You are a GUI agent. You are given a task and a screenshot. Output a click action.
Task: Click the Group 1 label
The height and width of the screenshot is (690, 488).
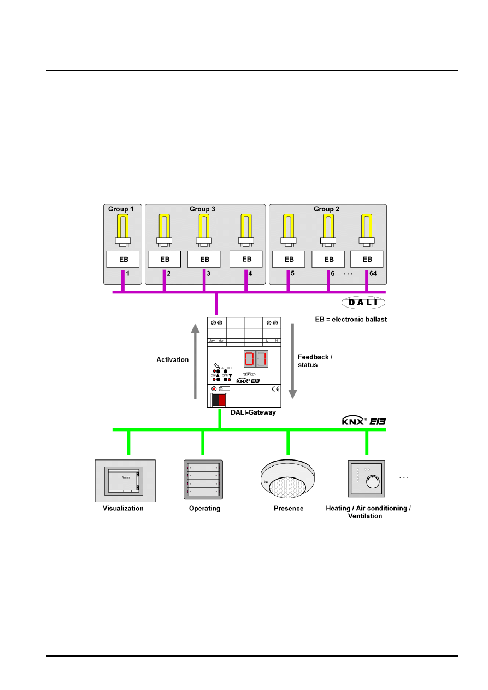point(121,209)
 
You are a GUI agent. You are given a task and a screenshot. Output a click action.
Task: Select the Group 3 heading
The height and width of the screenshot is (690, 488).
point(202,209)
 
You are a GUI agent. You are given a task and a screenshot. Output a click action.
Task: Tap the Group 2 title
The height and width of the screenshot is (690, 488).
point(327,209)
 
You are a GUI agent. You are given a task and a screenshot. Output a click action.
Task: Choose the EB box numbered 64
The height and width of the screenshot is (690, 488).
point(367,259)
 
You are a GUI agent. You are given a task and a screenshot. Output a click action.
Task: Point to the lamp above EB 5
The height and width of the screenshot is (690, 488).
point(289,229)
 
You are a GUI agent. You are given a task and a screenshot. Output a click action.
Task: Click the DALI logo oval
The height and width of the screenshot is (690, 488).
point(363,302)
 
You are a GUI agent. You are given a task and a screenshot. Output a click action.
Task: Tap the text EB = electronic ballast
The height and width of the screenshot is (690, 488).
point(351,319)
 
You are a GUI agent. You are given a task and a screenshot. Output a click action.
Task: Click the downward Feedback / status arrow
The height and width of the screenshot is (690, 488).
point(293,361)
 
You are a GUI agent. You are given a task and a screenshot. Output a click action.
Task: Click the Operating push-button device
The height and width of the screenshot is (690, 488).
point(203,479)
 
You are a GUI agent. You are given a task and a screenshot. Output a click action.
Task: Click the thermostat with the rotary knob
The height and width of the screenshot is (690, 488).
point(366,479)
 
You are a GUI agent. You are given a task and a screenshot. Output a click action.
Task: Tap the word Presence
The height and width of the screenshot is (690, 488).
point(289,509)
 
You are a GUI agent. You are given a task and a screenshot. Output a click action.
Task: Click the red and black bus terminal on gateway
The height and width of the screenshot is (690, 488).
point(219,399)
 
